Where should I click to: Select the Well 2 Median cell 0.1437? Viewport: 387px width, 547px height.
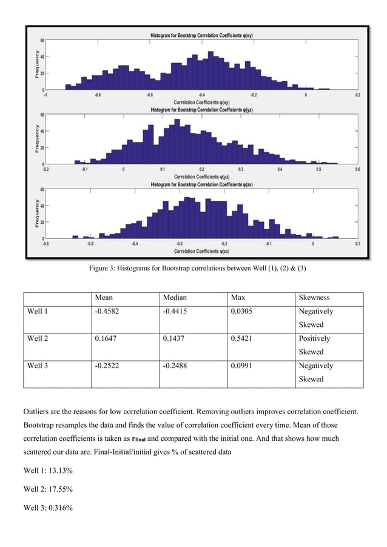coord(176,339)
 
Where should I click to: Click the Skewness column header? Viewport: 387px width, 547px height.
coord(315,298)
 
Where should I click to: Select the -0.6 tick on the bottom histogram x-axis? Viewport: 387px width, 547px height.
coord(45,244)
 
